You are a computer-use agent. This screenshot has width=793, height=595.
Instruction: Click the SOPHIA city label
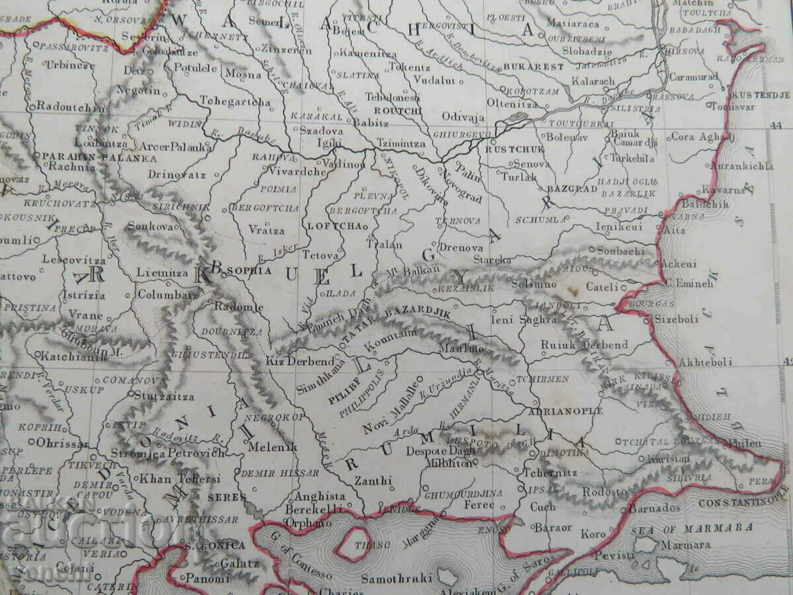[248, 270]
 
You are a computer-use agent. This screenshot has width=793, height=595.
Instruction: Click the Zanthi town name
[373, 481]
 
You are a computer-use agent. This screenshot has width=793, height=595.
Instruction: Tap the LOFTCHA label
[334, 225]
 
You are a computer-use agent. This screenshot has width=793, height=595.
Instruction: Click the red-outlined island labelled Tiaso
[352, 544]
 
